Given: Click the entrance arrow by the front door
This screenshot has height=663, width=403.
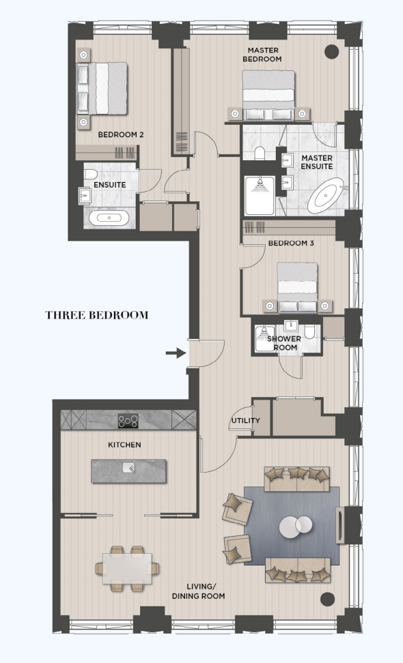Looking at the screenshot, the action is point(176,353).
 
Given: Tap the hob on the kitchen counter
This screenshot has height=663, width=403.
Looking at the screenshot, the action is point(128,420).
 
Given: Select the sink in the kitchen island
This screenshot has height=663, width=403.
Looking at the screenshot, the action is point(128,467).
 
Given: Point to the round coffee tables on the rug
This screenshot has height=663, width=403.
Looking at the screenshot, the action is point(296,527).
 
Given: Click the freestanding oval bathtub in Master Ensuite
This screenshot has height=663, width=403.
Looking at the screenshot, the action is point(327,196).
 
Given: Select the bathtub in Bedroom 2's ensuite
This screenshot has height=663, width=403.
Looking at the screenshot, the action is point(109,218).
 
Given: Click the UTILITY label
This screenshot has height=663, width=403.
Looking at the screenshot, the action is point(245,421).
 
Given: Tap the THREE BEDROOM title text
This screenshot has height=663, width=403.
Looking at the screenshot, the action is point(97,315).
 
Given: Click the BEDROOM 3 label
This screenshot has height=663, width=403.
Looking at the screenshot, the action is point(291,243).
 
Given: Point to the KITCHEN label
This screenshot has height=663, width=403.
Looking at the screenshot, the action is point(124,445).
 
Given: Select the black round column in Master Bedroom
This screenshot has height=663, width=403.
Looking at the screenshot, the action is point(332,51).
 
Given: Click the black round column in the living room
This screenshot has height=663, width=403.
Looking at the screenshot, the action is point(327,599).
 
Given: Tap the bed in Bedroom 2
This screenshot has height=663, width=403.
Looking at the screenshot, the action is point(102,88).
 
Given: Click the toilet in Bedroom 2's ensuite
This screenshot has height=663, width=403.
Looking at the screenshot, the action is point(90,173).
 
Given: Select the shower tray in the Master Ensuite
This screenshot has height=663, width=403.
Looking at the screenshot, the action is point(260,195).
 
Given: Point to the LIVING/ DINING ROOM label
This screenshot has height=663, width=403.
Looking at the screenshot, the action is point(198,591).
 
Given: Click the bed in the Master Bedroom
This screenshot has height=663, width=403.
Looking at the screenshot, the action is point(268,95).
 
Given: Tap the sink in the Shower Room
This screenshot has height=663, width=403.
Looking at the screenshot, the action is point(291,325).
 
